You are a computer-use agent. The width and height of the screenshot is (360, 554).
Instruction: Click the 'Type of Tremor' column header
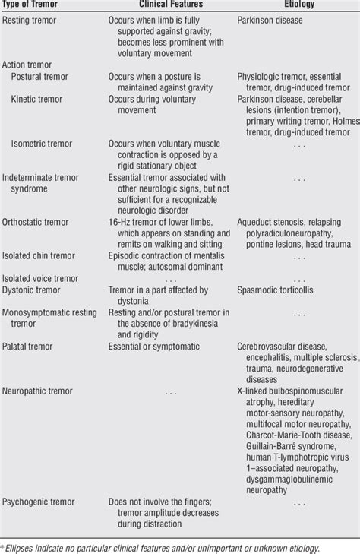click(x=33, y=5)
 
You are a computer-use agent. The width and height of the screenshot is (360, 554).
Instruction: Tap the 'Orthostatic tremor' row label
click(x=36, y=223)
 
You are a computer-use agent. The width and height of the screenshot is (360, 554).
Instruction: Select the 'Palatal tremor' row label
click(x=30, y=345)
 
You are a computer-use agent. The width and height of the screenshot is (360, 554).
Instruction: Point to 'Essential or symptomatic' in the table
click(x=156, y=345)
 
